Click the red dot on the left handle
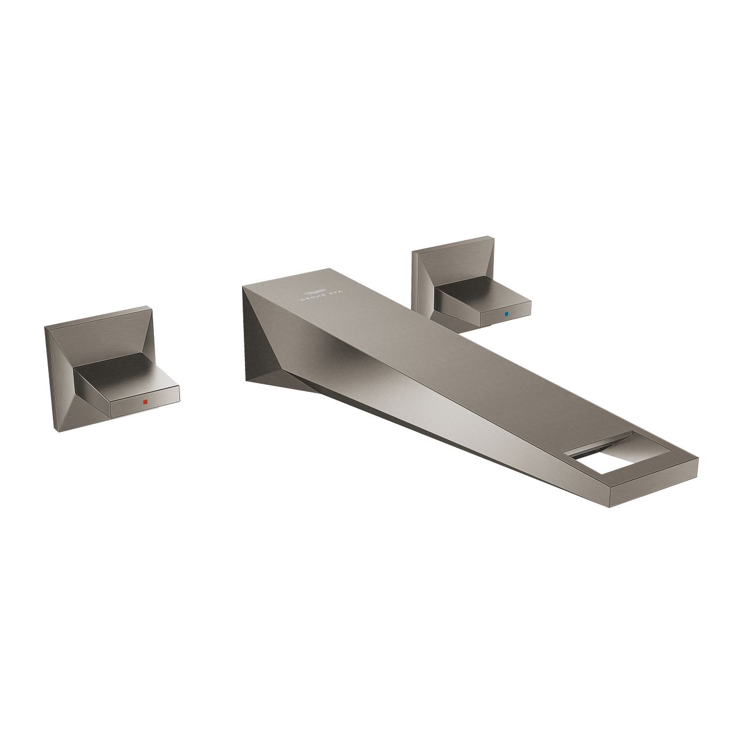click(146, 402)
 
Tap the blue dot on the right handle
click(506, 313)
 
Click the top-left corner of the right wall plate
click(413, 251)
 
